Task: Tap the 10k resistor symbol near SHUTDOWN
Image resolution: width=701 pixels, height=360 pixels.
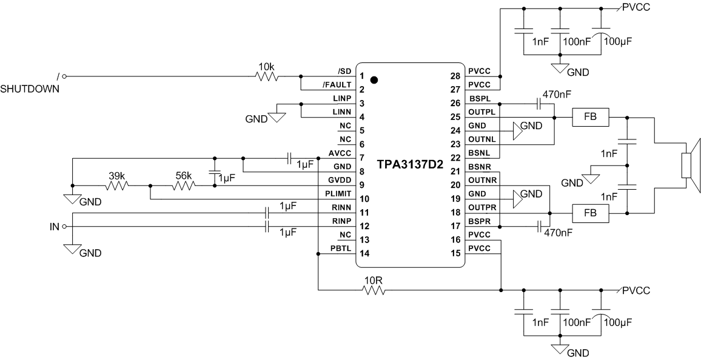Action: pyautogui.click(x=266, y=77)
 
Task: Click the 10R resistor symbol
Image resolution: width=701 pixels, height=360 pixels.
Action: pyautogui.click(x=374, y=290)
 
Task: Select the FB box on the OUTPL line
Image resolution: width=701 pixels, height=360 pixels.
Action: pyautogui.click(x=591, y=117)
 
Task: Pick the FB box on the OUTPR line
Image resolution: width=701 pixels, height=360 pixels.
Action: pyautogui.click(x=591, y=213)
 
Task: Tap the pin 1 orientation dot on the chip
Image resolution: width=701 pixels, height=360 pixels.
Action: pyautogui.click(x=374, y=80)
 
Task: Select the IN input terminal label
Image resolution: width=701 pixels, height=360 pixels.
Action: pyautogui.click(x=55, y=227)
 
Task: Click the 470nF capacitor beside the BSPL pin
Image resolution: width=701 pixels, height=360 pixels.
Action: pyautogui.click(x=538, y=103)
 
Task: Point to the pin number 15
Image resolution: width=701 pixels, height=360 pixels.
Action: pyautogui.click(x=455, y=253)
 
